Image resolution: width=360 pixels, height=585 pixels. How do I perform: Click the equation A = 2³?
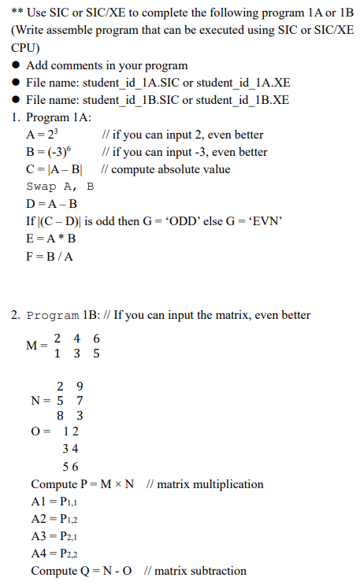46,135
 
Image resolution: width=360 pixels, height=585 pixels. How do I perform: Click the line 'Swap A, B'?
60,187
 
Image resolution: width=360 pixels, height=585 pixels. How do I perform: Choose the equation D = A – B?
52,204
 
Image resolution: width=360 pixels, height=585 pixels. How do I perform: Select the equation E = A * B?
51,239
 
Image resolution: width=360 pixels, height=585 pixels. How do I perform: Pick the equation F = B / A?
50,256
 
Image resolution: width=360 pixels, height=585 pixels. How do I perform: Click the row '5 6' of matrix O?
70,465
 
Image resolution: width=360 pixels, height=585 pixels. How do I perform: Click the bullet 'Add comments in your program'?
107,65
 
